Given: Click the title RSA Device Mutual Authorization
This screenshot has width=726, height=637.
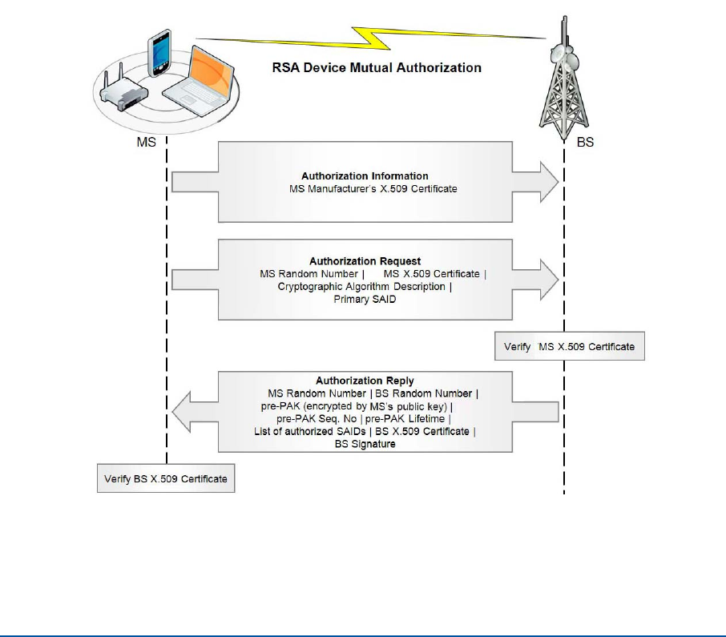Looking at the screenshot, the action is [377, 67].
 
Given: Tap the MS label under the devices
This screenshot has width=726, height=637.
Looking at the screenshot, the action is [147, 142].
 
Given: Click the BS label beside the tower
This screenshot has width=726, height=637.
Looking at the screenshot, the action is [585, 142].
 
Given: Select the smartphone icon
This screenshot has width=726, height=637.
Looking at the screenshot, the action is [159, 53].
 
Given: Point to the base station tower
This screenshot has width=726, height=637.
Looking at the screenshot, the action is [564, 78].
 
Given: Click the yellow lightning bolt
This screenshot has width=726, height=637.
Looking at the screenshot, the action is [370, 38].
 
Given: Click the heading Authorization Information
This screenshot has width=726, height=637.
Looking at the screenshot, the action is [365, 176].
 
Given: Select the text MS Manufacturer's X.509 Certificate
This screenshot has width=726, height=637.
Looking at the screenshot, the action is [373, 189].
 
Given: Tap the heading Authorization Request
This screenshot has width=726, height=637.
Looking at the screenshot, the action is [365, 261].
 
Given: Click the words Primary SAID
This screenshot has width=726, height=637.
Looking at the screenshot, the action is [365, 299].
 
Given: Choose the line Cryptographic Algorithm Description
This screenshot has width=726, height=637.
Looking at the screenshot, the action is [361, 287].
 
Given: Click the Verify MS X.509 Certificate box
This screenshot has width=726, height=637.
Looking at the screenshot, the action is [570, 346].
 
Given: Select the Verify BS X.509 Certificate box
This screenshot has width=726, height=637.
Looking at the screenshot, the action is [166, 478].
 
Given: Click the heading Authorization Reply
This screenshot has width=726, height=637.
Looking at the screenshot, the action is [365, 381].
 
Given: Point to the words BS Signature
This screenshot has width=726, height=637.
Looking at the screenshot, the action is [365, 444].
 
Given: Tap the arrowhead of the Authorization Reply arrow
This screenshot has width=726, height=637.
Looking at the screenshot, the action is [181, 412].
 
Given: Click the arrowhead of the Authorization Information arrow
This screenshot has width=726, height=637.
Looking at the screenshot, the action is [550, 182].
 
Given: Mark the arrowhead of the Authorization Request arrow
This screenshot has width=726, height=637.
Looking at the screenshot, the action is [550, 280].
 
